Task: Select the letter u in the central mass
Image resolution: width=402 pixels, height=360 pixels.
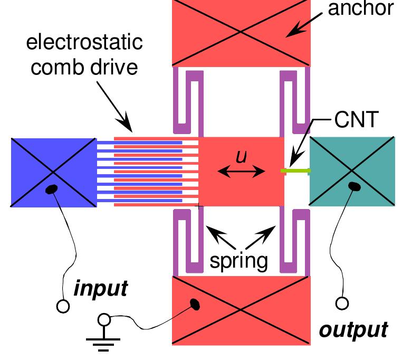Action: click(x=241, y=157)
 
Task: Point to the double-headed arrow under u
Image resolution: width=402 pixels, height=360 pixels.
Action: click(x=241, y=171)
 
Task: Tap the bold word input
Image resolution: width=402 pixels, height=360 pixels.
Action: click(x=100, y=289)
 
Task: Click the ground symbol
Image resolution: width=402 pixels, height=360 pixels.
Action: click(x=104, y=342)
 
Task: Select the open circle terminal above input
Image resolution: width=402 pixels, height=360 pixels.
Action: click(x=63, y=306)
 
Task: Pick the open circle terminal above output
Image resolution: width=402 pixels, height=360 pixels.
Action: click(x=342, y=303)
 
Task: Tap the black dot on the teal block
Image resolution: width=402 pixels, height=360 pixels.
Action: click(x=355, y=186)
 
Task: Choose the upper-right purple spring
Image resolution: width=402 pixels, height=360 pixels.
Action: click(x=295, y=100)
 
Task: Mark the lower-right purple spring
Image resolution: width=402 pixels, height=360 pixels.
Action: click(x=295, y=241)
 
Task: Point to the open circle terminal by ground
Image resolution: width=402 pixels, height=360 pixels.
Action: click(x=104, y=319)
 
